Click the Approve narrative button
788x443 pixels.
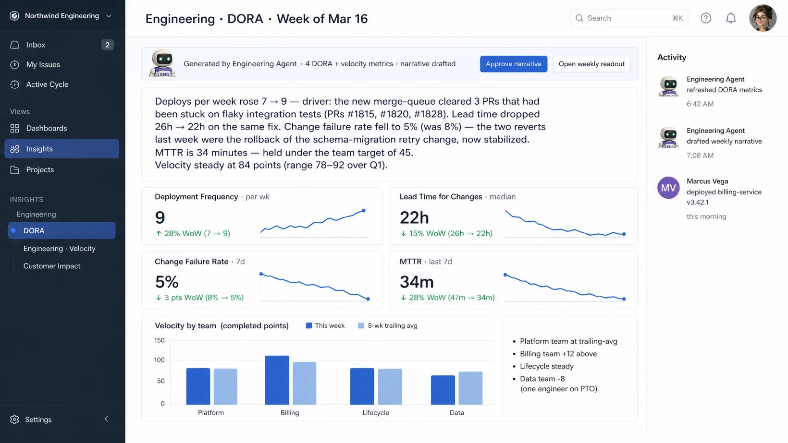pyautogui.click(x=513, y=64)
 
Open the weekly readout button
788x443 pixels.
pyautogui.click(x=591, y=64)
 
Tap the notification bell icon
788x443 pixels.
pyautogui.click(x=731, y=18)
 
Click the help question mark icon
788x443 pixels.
pyautogui.click(x=706, y=18)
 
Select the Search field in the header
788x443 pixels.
pyautogui.click(x=628, y=18)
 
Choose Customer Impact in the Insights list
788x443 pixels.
pyautogui.click(x=52, y=266)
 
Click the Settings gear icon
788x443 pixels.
pyautogui.click(x=14, y=419)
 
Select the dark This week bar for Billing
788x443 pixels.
pyautogui.click(x=277, y=380)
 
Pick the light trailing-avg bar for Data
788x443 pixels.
pyautogui.click(x=470, y=388)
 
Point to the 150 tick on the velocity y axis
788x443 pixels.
pyautogui.click(x=160, y=340)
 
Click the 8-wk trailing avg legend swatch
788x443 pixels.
pyautogui.click(x=361, y=326)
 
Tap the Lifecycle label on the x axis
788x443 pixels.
pyautogui.click(x=376, y=412)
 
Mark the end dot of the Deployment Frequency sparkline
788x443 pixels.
pyautogui.click(x=364, y=211)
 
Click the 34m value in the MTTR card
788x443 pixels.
pyautogui.click(x=417, y=282)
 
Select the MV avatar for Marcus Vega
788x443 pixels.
pyautogui.click(x=668, y=188)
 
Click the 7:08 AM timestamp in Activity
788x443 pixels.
pyautogui.click(x=700, y=156)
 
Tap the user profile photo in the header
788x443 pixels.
pyautogui.click(x=763, y=18)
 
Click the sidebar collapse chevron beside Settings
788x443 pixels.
pyautogui.click(x=106, y=419)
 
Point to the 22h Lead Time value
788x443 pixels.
pyautogui.click(x=414, y=217)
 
